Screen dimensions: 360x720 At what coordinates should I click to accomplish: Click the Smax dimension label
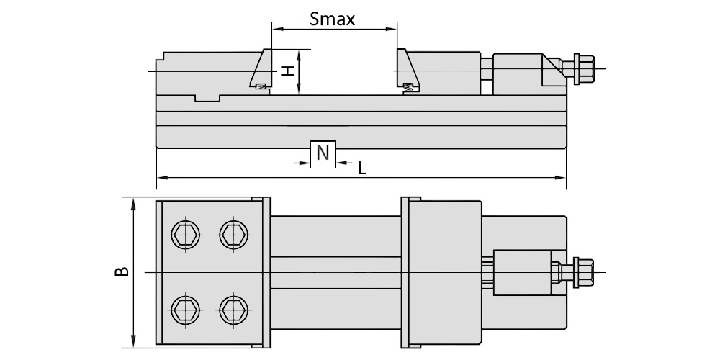(332, 19)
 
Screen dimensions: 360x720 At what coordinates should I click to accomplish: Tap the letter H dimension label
(287, 71)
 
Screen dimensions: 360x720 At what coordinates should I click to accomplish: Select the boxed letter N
(323, 152)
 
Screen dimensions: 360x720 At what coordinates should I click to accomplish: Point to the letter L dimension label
(362, 168)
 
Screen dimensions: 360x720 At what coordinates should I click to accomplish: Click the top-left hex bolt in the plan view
(186, 234)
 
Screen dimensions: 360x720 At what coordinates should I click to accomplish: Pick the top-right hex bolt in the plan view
(233, 234)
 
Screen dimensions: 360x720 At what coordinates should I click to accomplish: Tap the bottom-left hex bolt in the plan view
(186, 310)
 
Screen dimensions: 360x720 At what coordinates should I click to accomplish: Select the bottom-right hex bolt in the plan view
(233, 310)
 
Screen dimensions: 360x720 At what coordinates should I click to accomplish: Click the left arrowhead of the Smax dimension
(276, 29)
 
